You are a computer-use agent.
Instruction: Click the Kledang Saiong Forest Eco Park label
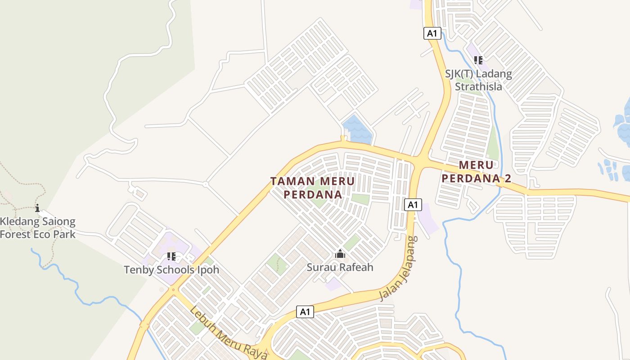[x=38, y=228]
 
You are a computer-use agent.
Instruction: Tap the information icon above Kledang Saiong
[x=37, y=208]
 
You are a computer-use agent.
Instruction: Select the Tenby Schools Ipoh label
[x=171, y=270]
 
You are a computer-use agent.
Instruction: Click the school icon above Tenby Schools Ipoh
[x=171, y=256]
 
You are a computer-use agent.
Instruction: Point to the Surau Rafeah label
[x=340, y=267]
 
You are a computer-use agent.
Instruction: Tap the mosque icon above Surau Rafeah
[x=340, y=254]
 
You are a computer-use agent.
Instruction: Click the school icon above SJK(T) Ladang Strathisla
[x=478, y=60]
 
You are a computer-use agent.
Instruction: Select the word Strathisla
[x=478, y=86]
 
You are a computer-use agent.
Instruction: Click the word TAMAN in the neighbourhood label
[x=292, y=181]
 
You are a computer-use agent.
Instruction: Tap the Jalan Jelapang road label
[x=399, y=269]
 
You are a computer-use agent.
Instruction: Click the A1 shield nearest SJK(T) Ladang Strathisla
[x=432, y=33]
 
